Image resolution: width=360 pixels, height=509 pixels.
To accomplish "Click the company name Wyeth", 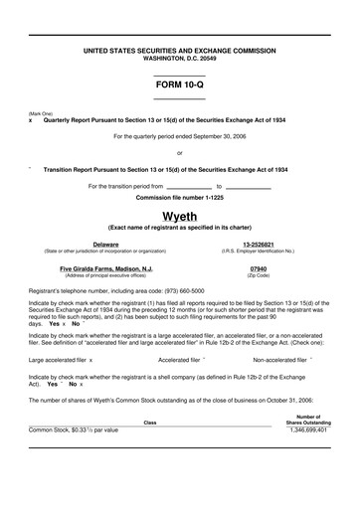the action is coord(179,216).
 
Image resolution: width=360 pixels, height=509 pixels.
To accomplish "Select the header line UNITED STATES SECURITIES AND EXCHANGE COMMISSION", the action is coord(179,49).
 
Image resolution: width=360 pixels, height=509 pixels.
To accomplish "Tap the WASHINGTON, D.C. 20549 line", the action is coord(179,57).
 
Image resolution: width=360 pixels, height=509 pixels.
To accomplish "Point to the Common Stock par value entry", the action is coord(74,458).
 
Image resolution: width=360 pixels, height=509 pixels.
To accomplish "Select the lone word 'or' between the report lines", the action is coord(179,152).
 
